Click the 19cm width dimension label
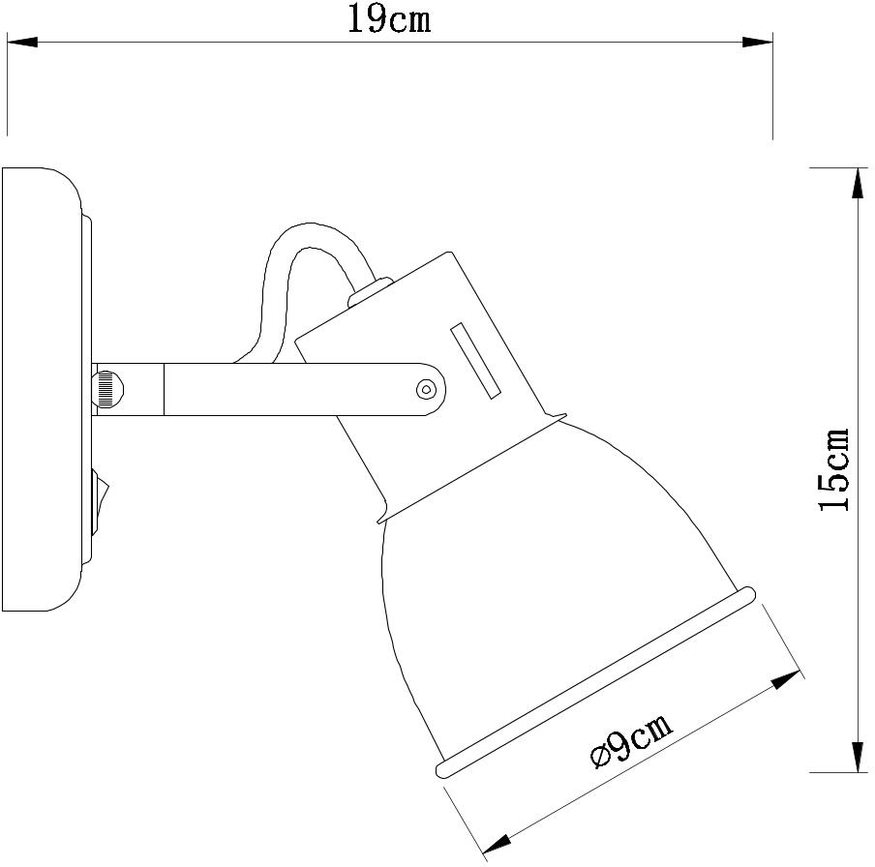coord(389,20)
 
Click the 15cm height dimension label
coord(834,469)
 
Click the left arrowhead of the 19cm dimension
coord(21,42)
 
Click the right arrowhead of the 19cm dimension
coord(758,42)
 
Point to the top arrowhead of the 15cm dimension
coord(858,183)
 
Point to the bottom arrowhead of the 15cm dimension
coord(858,757)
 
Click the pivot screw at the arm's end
coord(425,389)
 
